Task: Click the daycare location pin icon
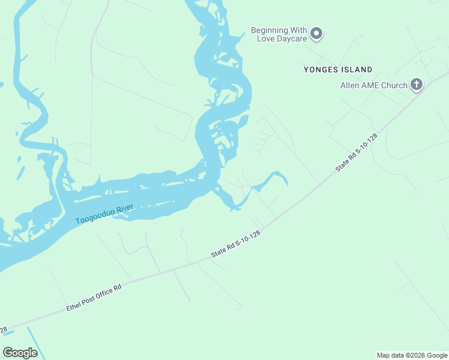click(x=317, y=34)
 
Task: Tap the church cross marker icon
click(x=417, y=85)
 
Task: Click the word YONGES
click(x=322, y=70)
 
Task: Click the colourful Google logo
click(x=20, y=353)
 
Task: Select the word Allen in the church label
click(x=351, y=85)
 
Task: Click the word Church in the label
click(x=395, y=85)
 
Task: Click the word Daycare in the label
click(x=292, y=38)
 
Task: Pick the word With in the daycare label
click(x=298, y=30)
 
